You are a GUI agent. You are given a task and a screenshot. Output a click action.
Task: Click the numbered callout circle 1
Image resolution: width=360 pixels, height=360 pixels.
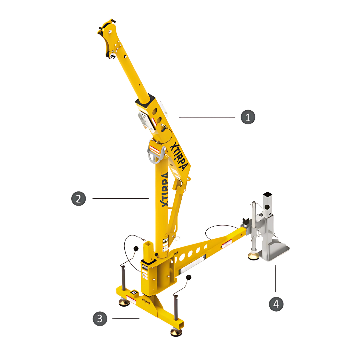click(x=248, y=117)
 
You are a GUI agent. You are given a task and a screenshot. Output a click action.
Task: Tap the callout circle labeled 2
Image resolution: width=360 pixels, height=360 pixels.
click(x=79, y=199)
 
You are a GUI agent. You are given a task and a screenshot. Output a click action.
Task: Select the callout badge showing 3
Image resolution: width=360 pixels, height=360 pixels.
click(x=100, y=319)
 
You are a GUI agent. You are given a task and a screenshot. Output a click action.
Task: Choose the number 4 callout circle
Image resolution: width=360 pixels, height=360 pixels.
click(x=276, y=304)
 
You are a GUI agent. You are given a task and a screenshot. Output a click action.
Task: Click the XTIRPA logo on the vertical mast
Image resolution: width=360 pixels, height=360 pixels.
click(x=164, y=190)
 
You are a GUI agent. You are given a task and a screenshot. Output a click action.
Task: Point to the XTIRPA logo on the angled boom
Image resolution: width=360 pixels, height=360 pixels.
click(x=180, y=157)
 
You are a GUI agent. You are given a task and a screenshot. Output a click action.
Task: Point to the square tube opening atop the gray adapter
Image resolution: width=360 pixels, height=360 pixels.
click(x=268, y=194)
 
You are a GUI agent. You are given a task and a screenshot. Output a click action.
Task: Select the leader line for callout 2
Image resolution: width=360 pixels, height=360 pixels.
click(x=120, y=199)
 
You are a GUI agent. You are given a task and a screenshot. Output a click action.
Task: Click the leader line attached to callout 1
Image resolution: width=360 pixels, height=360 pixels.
click(x=207, y=117)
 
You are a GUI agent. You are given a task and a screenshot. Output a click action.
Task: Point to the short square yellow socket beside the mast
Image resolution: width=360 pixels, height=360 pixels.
click(x=148, y=249)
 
